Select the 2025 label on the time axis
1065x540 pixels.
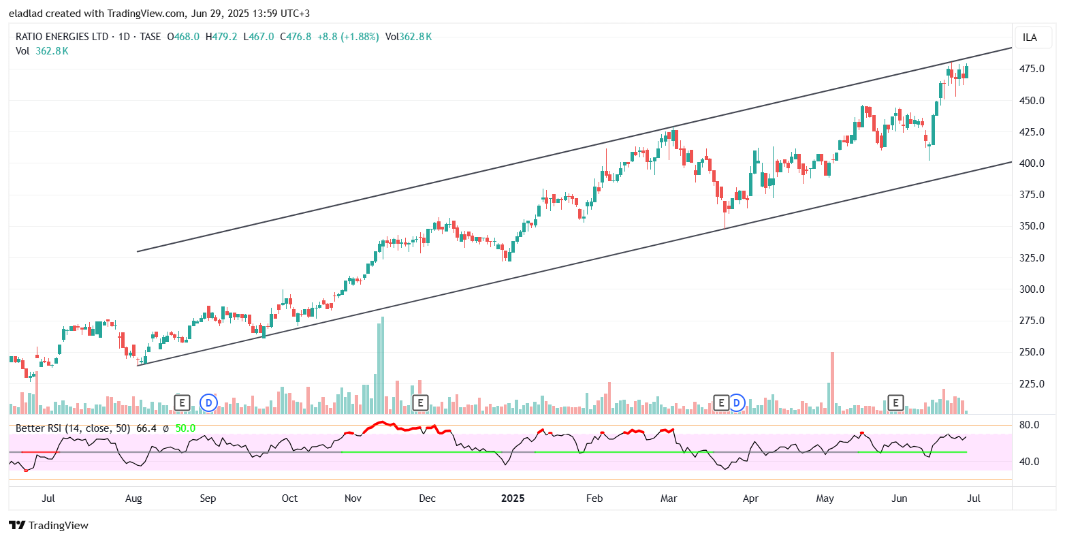(x=513, y=498)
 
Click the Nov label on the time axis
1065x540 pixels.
(x=353, y=498)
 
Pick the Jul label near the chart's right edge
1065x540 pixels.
(x=974, y=498)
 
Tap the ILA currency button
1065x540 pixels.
(x=1030, y=37)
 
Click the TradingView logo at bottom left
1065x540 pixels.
(x=48, y=525)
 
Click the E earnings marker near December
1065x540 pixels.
(x=420, y=403)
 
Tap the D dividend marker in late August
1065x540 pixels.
(x=209, y=403)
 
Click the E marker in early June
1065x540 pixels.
(x=896, y=403)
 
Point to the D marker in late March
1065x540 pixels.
(x=736, y=403)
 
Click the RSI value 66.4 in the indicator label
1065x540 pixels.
(x=147, y=428)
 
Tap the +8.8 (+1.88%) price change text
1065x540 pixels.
(x=348, y=37)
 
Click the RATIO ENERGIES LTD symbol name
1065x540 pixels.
(x=63, y=37)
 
